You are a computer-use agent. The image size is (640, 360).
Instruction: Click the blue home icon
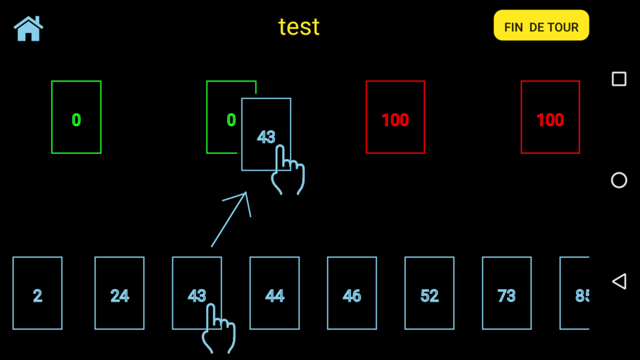[29, 29]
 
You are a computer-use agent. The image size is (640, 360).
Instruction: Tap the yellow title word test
[299, 27]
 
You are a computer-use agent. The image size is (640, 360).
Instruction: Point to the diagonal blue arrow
[231, 219]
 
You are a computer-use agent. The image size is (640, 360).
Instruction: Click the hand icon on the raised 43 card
[288, 169]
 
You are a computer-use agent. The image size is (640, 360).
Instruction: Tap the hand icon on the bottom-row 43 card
[218, 328]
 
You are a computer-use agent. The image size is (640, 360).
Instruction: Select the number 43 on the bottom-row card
[197, 296]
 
